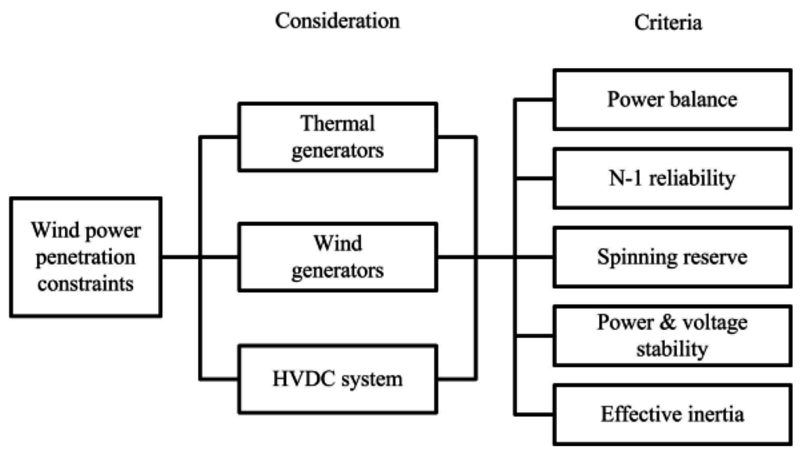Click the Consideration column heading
[337, 20]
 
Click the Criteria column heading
[668, 23]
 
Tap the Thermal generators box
[338, 136]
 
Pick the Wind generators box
[338, 256]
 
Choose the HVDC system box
[338, 380]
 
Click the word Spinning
[633, 256]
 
